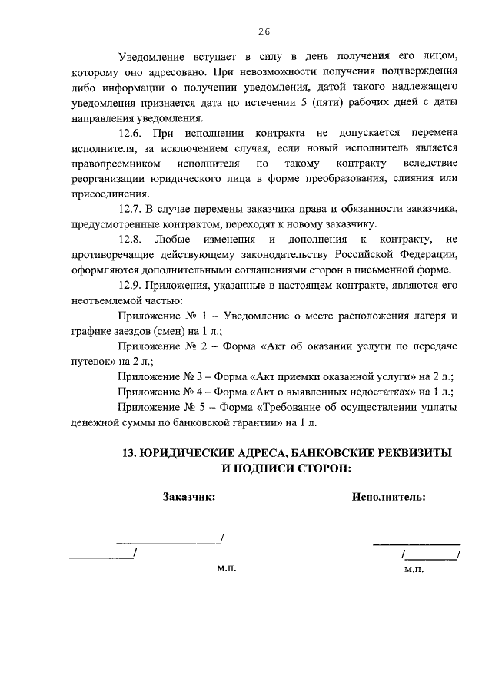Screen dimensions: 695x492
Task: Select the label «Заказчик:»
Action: [188, 496]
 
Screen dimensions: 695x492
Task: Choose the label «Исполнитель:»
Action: [389, 496]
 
